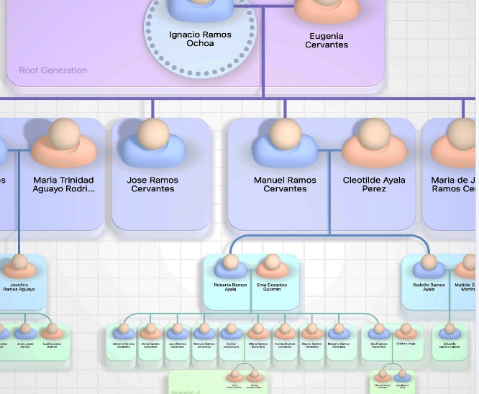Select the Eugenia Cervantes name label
coord(327,40)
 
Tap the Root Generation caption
coord(53,70)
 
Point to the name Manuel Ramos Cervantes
coord(285,185)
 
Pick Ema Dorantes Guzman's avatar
coord(271,267)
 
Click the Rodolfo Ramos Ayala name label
coord(429,287)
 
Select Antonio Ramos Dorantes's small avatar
coord(123,331)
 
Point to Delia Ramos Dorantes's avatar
coord(150,331)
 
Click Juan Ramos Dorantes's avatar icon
coord(177,331)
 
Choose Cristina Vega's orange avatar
coord(403,331)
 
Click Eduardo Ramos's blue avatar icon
coord(450,331)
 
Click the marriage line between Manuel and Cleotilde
coord(329,150)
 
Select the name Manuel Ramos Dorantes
coord(204,346)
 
